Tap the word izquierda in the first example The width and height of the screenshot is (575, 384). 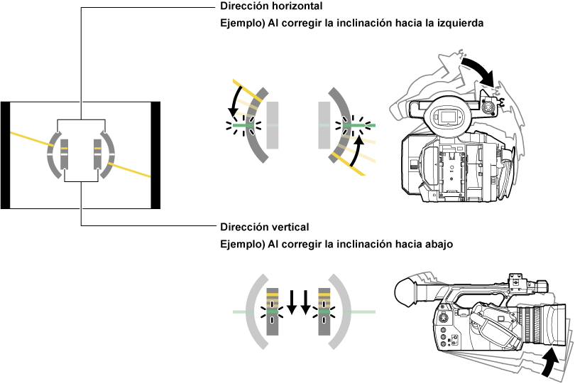pos(459,23)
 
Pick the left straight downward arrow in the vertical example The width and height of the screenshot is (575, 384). pos(292,302)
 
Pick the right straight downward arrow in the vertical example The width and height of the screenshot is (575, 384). pos(306,302)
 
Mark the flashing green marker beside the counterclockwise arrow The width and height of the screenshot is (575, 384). pos(243,126)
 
